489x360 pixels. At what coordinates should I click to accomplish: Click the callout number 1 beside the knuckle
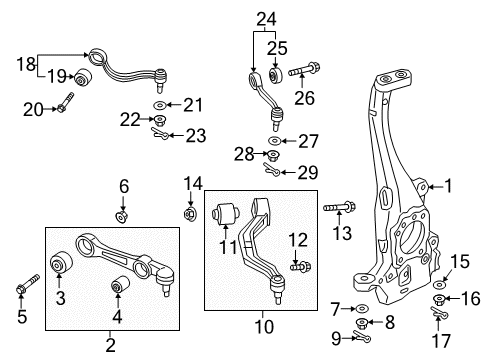coord(449,185)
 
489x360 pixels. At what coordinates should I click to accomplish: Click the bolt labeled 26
coord(304,71)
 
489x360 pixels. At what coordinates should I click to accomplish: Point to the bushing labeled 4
coord(119,288)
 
